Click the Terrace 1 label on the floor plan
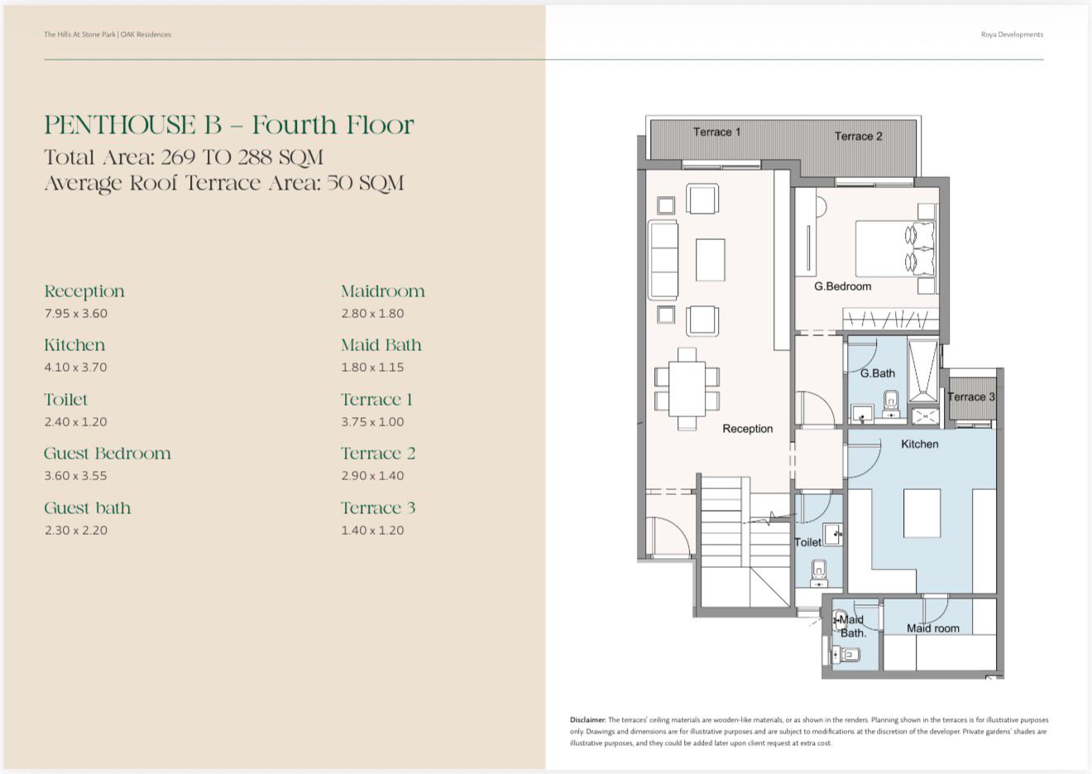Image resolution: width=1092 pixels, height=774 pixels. click(716, 132)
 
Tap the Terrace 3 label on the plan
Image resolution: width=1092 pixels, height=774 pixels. click(971, 397)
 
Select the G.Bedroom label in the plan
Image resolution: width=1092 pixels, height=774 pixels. click(842, 286)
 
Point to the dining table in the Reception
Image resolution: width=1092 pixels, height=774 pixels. click(687, 388)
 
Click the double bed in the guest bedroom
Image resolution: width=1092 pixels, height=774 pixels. click(895, 248)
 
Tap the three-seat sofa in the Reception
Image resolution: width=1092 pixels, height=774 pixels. click(663, 259)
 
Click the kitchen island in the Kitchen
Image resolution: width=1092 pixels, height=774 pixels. click(922, 513)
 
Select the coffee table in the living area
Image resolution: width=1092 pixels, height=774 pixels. click(711, 260)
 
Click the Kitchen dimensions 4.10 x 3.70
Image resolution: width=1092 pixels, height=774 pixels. click(75, 368)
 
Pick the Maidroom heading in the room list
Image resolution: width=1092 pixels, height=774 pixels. click(383, 291)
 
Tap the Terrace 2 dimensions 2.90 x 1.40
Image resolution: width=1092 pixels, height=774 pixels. click(372, 475)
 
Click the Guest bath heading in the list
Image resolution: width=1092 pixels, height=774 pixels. click(87, 508)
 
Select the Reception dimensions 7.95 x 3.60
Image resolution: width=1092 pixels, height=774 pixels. click(75, 314)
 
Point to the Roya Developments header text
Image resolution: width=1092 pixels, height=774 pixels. click(1012, 35)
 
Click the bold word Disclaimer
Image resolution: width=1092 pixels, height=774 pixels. click(587, 720)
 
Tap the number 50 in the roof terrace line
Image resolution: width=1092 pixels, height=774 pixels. click(340, 184)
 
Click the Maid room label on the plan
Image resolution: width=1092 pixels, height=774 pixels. click(932, 628)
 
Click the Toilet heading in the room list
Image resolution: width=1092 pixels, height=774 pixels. click(66, 400)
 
